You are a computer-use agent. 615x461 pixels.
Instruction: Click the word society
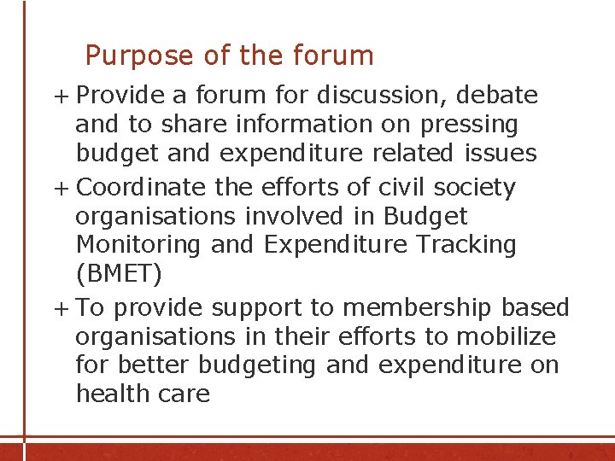point(473,187)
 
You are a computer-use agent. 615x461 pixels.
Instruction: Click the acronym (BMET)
point(119,275)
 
